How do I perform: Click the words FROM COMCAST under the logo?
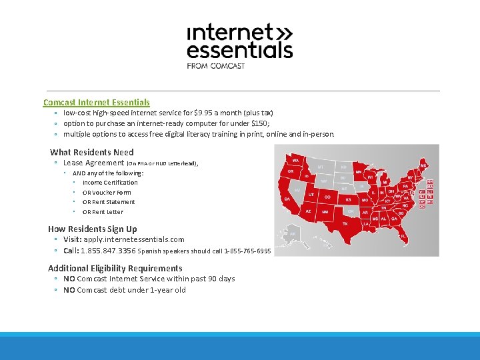[216, 66]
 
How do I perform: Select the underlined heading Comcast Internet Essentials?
[97, 102]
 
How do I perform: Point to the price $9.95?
[201, 113]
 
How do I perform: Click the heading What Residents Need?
[91, 152]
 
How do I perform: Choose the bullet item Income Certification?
[110, 183]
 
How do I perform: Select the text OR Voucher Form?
[107, 193]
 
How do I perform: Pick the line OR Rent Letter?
[103, 212]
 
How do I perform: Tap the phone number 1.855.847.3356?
[108, 251]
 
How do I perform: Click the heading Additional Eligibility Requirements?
[115, 268]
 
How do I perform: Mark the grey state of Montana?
[321, 167]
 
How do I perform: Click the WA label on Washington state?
[294, 160]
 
